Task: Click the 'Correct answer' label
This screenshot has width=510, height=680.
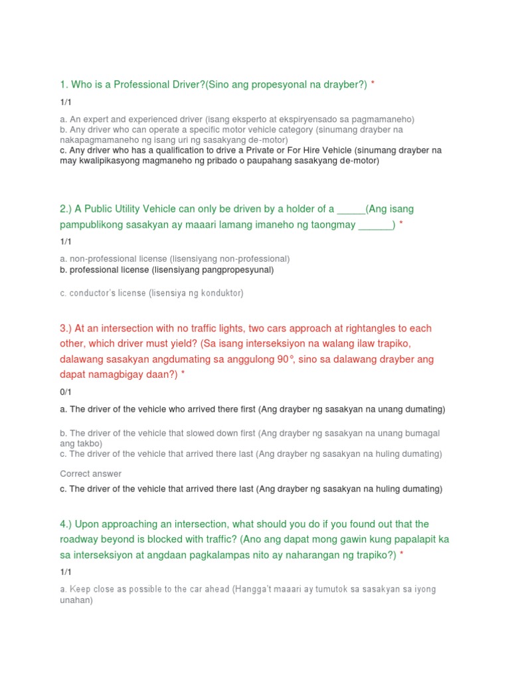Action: tap(90, 474)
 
